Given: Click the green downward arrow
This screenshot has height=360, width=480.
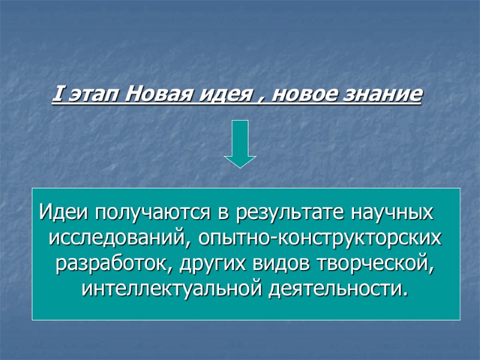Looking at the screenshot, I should pos(240,144).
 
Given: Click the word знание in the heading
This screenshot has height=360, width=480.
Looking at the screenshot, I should pos(382,95).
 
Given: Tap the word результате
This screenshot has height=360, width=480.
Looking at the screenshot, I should pos(290,214).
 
